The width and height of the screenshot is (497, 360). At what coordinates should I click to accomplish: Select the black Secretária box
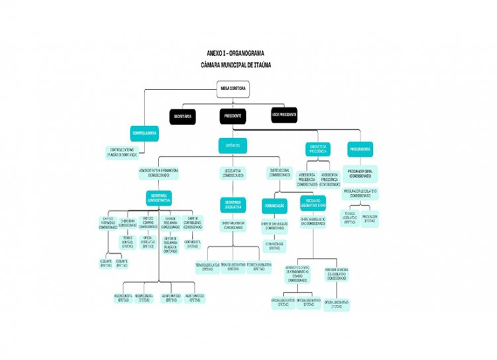pyautogui.click(x=183, y=116)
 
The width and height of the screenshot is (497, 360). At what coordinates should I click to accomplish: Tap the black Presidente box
pyautogui.click(x=233, y=116)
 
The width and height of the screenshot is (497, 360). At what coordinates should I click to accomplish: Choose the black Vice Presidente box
pyautogui.click(x=284, y=115)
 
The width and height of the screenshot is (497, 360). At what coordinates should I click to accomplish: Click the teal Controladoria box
pyautogui.click(x=146, y=133)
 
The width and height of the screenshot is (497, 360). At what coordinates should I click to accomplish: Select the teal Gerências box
pyautogui.click(x=233, y=145)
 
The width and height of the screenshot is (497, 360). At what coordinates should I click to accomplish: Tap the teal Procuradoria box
pyautogui.click(x=360, y=149)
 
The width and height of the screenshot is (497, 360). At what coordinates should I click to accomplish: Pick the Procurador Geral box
pyautogui.click(x=360, y=172)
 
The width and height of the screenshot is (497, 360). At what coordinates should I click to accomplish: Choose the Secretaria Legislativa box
pyautogui.click(x=233, y=204)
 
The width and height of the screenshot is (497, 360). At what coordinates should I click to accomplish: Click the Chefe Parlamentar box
pyautogui.click(x=233, y=225)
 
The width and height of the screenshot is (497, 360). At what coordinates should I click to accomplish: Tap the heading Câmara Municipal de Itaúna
pyautogui.click(x=236, y=65)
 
